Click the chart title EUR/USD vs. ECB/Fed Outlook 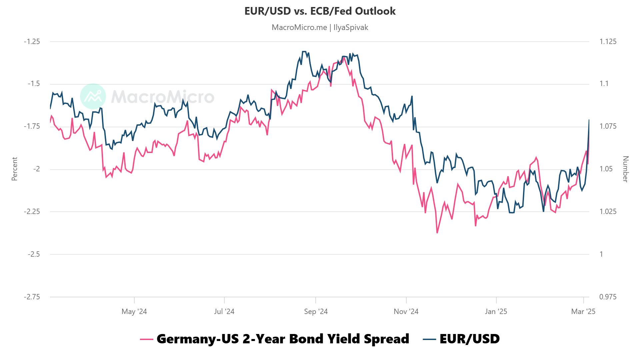pyautogui.click(x=320, y=11)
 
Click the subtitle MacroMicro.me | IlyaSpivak pyautogui.click(x=320, y=27)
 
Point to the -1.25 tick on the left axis pyautogui.click(x=32, y=42)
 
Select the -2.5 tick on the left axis pyautogui.click(x=34, y=254)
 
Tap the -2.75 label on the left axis pyautogui.click(x=32, y=297)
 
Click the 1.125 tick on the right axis pyautogui.click(x=608, y=42)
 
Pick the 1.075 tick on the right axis pyautogui.click(x=608, y=126)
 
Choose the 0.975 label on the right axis pyautogui.click(x=608, y=297)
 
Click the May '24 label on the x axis pyautogui.click(x=134, y=312)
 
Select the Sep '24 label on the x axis pyautogui.click(x=316, y=312)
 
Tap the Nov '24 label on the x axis pyautogui.click(x=406, y=312)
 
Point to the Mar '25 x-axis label pyautogui.click(x=583, y=312)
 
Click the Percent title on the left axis pyautogui.click(x=14, y=169)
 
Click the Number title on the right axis pyautogui.click(x=626, y=169)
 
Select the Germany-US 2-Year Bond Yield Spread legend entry pyautogui.click(x=283, y=339)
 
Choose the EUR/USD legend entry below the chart pyautogui.click(x=469, y=339)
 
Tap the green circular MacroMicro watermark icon pyautogui.click(x=93, y=96)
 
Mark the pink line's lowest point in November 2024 pyautogui.click(x=437, y=233)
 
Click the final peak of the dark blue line pyautogui.click(x=589, y=120)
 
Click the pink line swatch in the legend pyautogui.click(x=147, y=339)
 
